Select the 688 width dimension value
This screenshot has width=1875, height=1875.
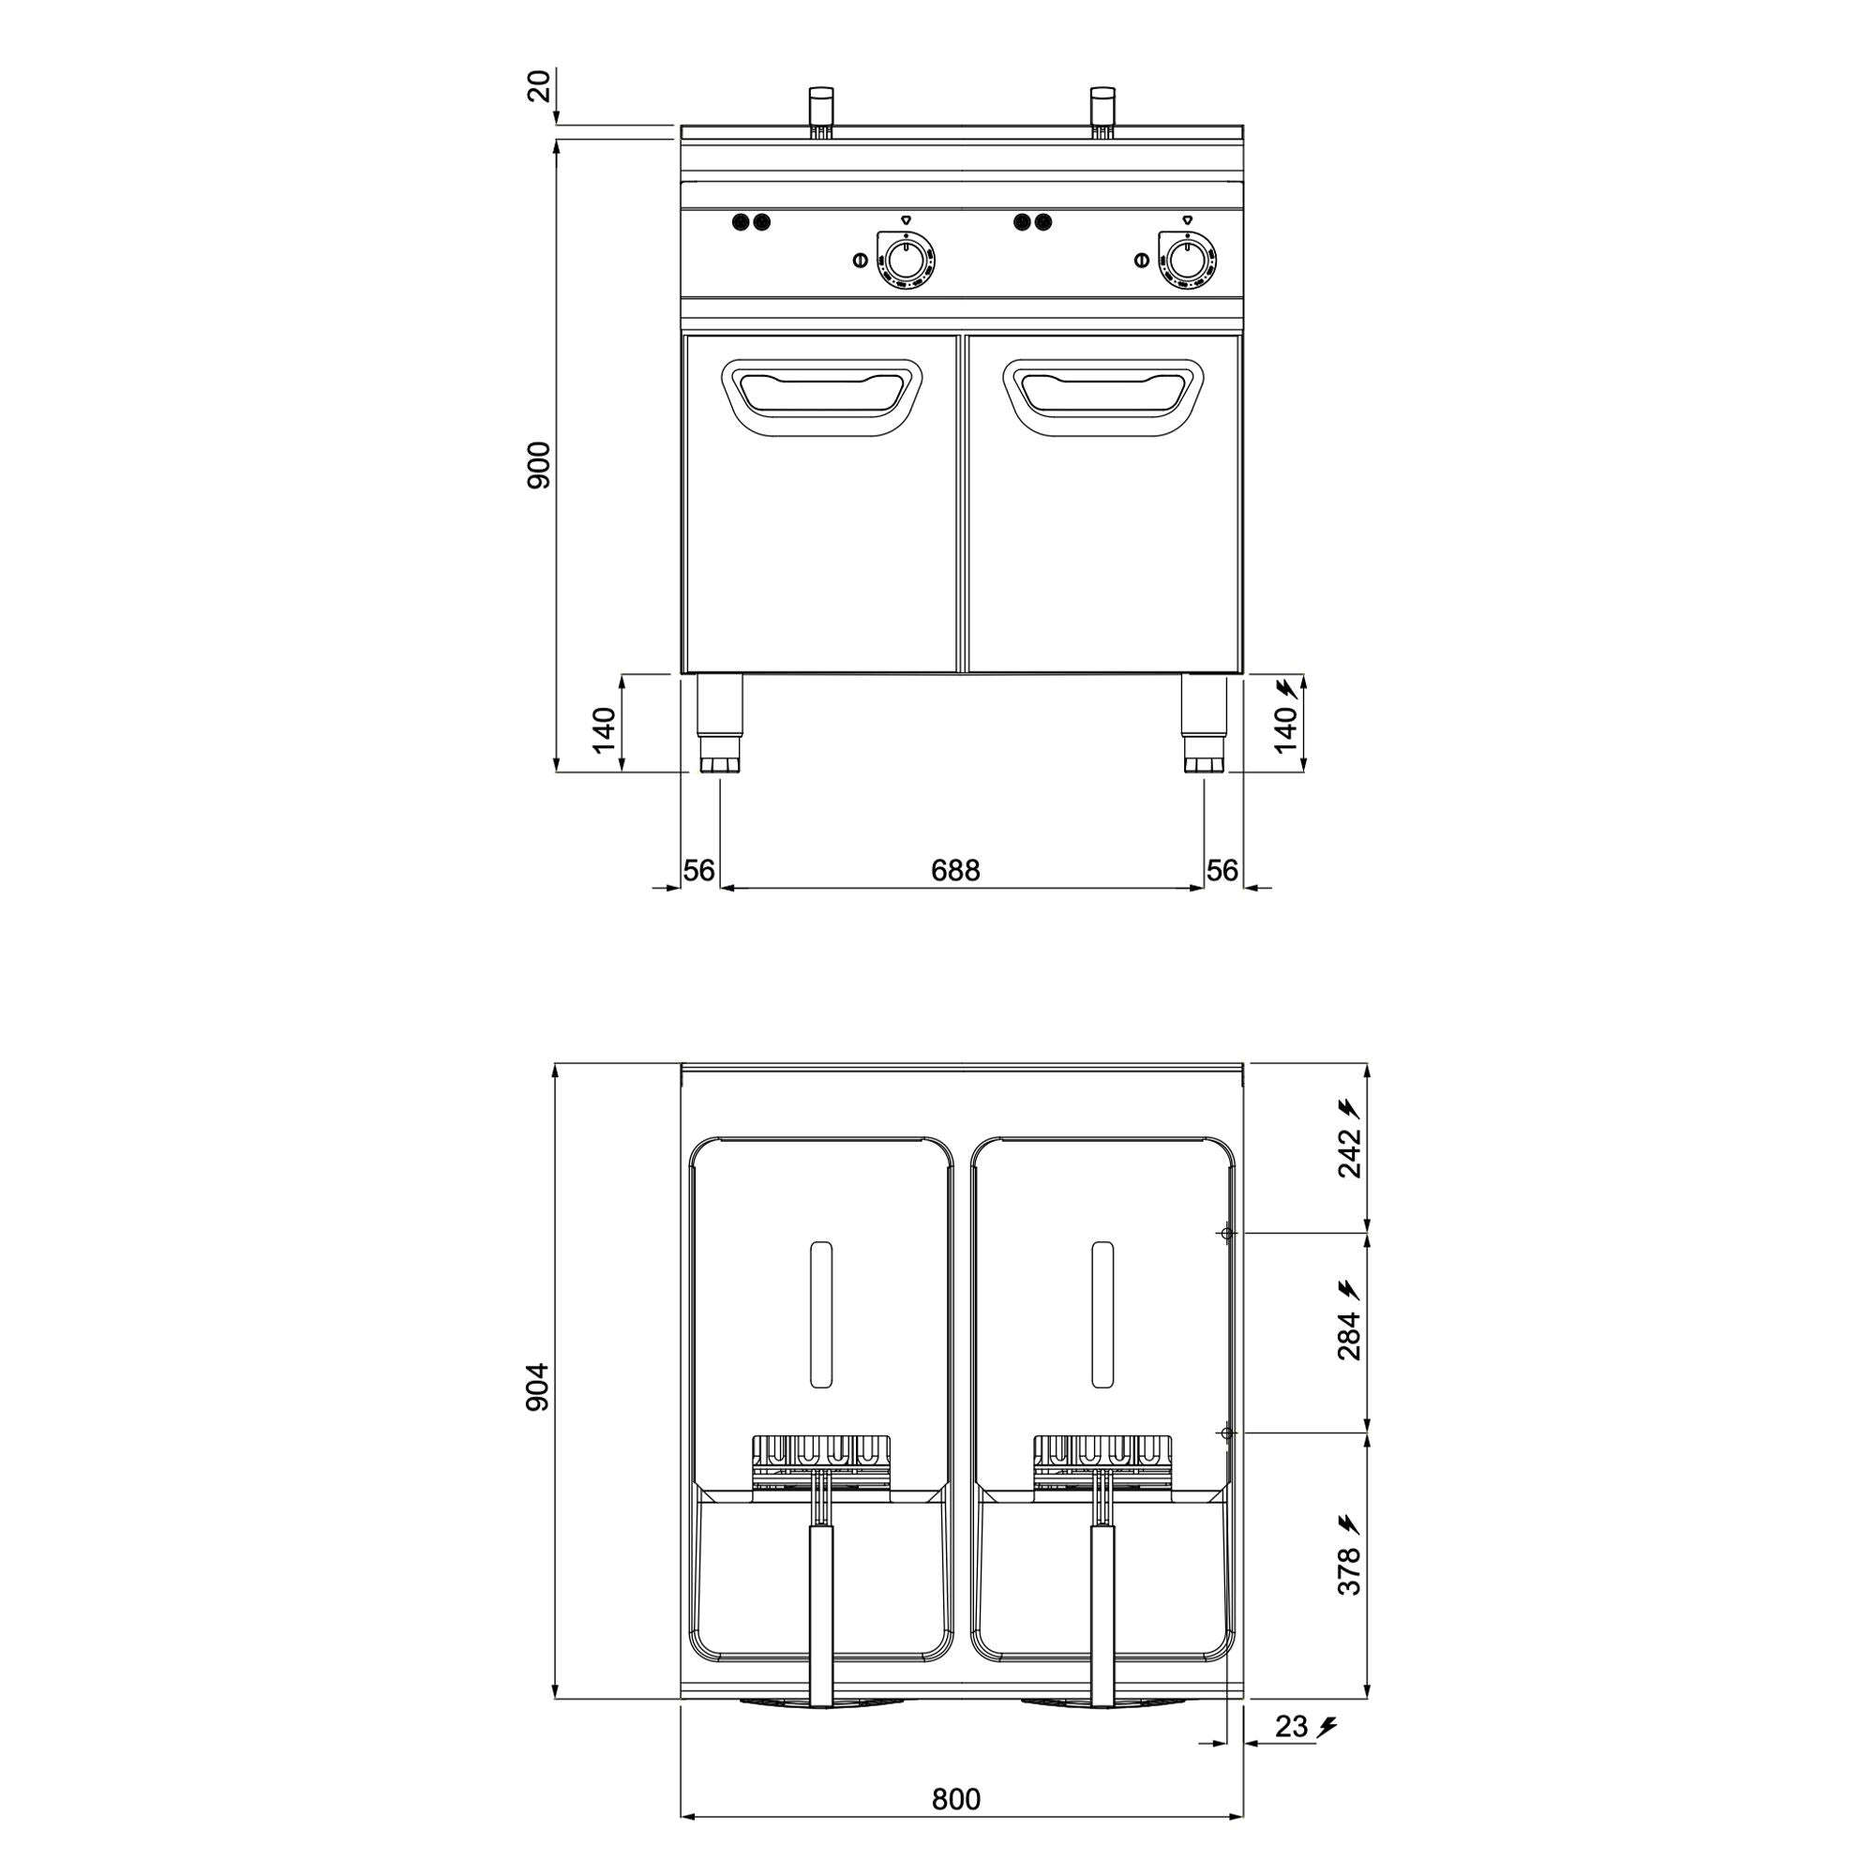pyautogui.click(x=955, y=871)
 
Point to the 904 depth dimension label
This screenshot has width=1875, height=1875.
pyautogui.click(x=540, y=1387)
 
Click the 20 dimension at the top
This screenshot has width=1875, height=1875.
pyautogui.click(x=540, y=86)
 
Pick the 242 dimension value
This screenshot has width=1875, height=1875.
pyautogui.click(x=1350, y=1153)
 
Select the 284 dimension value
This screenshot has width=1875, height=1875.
pyautogui.click(x=1350, y=1335)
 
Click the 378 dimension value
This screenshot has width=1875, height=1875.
pyautogui.click(x=1350, y=1569)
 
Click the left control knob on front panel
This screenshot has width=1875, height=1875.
pyautogui.click(x=906, y=260)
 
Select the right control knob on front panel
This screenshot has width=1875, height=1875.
pyautogui.click(x=1186, y=259)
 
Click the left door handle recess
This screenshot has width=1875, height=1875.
pyautogui.click(x=821, y=397)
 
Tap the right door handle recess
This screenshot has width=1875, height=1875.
pyautogui.click(x=1103, y=397)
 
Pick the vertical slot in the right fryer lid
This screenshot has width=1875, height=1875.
pyautogui.click(x=1102, y=1314)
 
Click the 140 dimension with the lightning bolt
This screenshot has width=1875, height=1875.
pyautogui.click(x=1286, y=728)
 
